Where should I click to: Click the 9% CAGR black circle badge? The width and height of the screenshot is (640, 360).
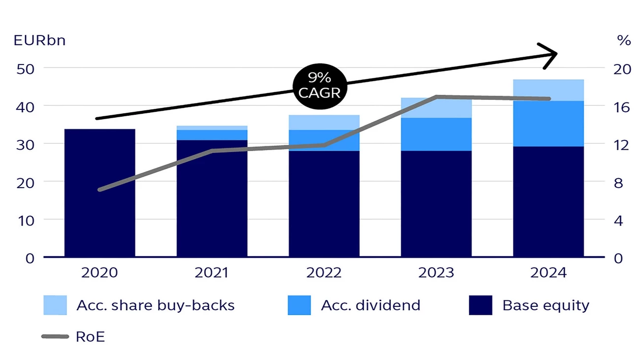tap(320, 85)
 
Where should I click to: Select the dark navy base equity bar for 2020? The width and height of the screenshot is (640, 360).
tap(99, 193)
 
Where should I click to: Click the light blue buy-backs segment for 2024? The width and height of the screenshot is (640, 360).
tap(548, 90)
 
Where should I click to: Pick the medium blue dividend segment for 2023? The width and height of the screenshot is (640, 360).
tap(436, 134)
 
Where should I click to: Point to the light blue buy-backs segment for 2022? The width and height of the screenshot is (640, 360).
tap(324, 122)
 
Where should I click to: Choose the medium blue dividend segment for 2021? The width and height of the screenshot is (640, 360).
tap(212, 135)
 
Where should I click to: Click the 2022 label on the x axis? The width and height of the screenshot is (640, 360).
tap(324, 272)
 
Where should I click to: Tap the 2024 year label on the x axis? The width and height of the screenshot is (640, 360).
tap(548, 272)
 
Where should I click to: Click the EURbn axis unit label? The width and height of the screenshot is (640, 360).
tap(39, 40)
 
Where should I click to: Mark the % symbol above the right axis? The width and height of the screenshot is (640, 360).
tap(624, 41)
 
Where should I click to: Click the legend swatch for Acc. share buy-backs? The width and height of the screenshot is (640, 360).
tap(55, 305)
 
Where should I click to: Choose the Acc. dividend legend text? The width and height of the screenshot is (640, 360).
tap(371, 305)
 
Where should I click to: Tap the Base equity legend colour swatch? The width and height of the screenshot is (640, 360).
tap(480, 305)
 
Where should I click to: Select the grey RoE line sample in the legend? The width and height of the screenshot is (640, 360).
tap(55, 337)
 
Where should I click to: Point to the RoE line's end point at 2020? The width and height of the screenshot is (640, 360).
tap(99, 190)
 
